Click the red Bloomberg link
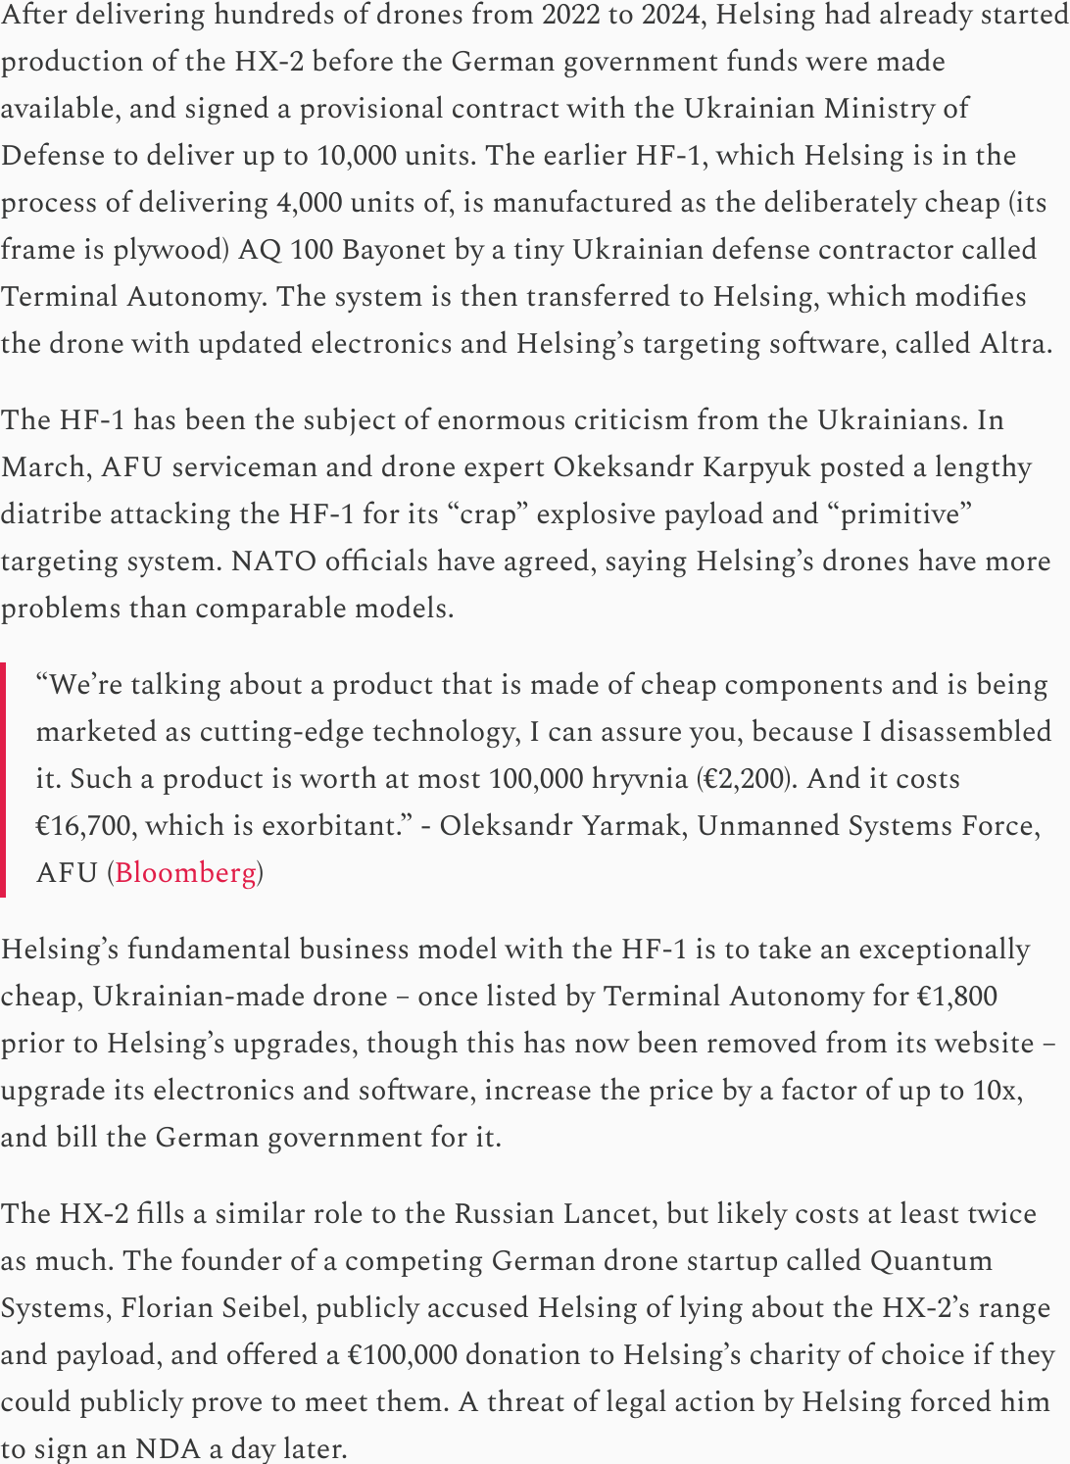tap(185, 872)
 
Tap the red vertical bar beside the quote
tap(3, 779)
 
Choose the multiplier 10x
tap(996, 1090)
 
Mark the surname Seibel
tap(266, 1307)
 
